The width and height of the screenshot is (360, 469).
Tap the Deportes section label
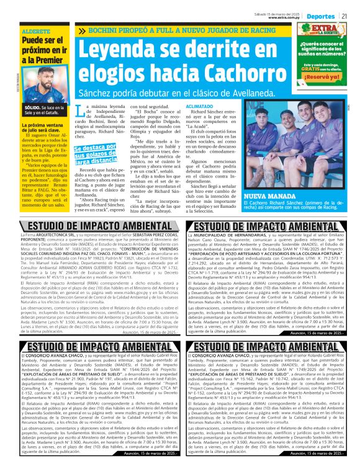point(323,15)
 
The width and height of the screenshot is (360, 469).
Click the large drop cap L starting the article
point(78,111)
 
